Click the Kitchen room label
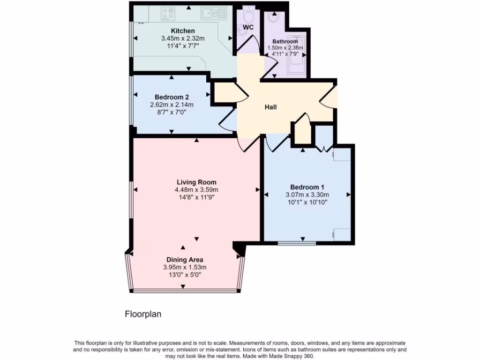183,31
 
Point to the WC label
248,27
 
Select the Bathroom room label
285,41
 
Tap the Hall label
270,107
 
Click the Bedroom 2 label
172,97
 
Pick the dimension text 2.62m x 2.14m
172,105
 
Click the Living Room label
196,182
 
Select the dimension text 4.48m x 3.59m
196,190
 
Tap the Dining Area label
185,259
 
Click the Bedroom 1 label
307,187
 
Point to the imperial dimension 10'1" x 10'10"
307,202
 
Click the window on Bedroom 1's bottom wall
297,243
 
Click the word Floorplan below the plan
143,314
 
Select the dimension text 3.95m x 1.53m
185,267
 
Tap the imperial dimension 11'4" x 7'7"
183,46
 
